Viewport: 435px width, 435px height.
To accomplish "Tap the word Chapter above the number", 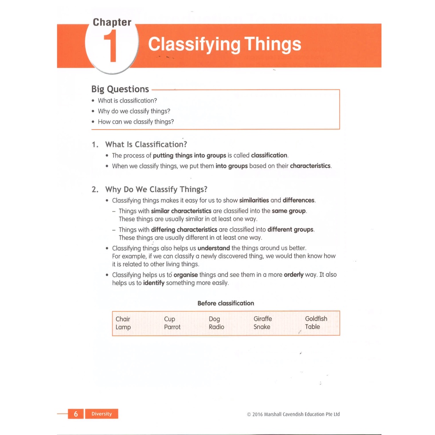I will pos(112,22).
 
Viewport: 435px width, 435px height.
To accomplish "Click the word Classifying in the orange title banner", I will pos(194,44).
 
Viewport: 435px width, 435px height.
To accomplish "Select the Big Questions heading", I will pos(120,89).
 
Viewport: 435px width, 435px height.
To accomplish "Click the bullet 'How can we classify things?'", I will pos(136,121).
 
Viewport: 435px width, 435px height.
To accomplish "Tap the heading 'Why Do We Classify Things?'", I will pos(156,189).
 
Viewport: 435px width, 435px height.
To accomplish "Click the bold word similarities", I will pos(254,200).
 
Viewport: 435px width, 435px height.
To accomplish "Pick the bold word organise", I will pos(186,275).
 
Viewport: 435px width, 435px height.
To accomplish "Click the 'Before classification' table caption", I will pos(226,303).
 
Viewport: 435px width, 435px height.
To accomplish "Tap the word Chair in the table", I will pos(123,319).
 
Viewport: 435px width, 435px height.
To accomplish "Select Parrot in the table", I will pos(172,327).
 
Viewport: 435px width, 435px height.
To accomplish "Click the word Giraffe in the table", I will pos(263,319).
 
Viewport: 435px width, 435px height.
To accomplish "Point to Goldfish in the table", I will pos(316,319).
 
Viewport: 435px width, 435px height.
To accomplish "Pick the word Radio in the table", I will pos(216,327).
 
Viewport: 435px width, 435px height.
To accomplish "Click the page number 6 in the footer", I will pos(76,414).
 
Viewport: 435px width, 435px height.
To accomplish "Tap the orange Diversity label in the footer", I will pos(102,414).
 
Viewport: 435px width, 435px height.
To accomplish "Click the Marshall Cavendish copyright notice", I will pos(293,414).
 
